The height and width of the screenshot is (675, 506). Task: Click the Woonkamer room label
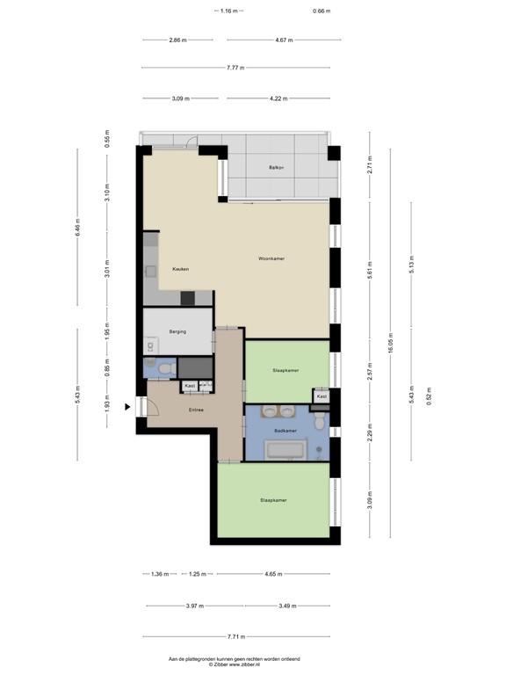pyautogui.click(x=271, y=258)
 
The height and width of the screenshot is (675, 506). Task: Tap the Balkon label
pyautogui.click(x=279, y=168)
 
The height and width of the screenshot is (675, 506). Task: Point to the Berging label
pyautogui.click(x=177, y=332)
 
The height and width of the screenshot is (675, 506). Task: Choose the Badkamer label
pyautogui.click(x=286, y=431)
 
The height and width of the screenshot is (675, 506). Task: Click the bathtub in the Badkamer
pyautogui.click(x=285, y=452)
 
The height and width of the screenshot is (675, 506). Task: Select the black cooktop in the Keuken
pyautogui.click(x=186, y=298)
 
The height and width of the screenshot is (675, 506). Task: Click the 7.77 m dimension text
pyautogui.click(x=235, y=69)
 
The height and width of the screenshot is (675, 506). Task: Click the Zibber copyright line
pyautogui.click(x=235, y=664)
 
